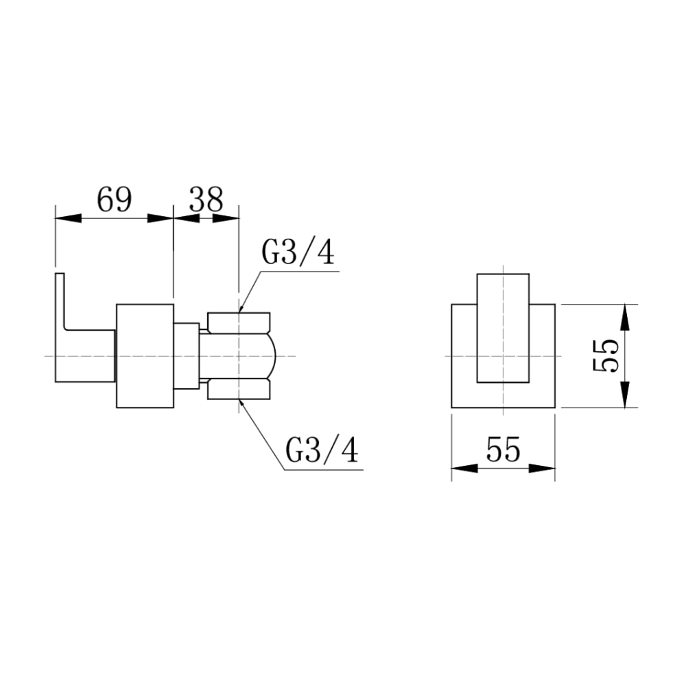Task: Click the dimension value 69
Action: coord(114,200)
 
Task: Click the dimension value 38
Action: coord(206,200)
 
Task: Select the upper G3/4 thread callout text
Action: coord(298,252)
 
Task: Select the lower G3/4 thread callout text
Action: coord(322,451)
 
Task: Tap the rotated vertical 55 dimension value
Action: coord(606,355)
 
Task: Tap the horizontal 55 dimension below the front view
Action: coord(503,449)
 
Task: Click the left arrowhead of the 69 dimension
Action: coord(69,218)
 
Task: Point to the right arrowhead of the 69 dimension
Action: coord(160,218)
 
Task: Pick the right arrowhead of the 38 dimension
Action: coord(226,218)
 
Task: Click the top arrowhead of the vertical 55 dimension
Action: coord(625,317)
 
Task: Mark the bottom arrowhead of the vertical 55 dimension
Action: coord(625,394)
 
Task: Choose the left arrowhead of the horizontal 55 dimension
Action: coord(464,468)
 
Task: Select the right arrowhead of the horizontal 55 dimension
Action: coord(542,468)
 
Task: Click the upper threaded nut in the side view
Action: coord(239,322)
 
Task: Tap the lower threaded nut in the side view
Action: coord(239,390)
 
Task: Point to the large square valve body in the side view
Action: coord(145,355)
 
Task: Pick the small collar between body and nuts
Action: coord(187,355)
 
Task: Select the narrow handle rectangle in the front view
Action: coord(503,328)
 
